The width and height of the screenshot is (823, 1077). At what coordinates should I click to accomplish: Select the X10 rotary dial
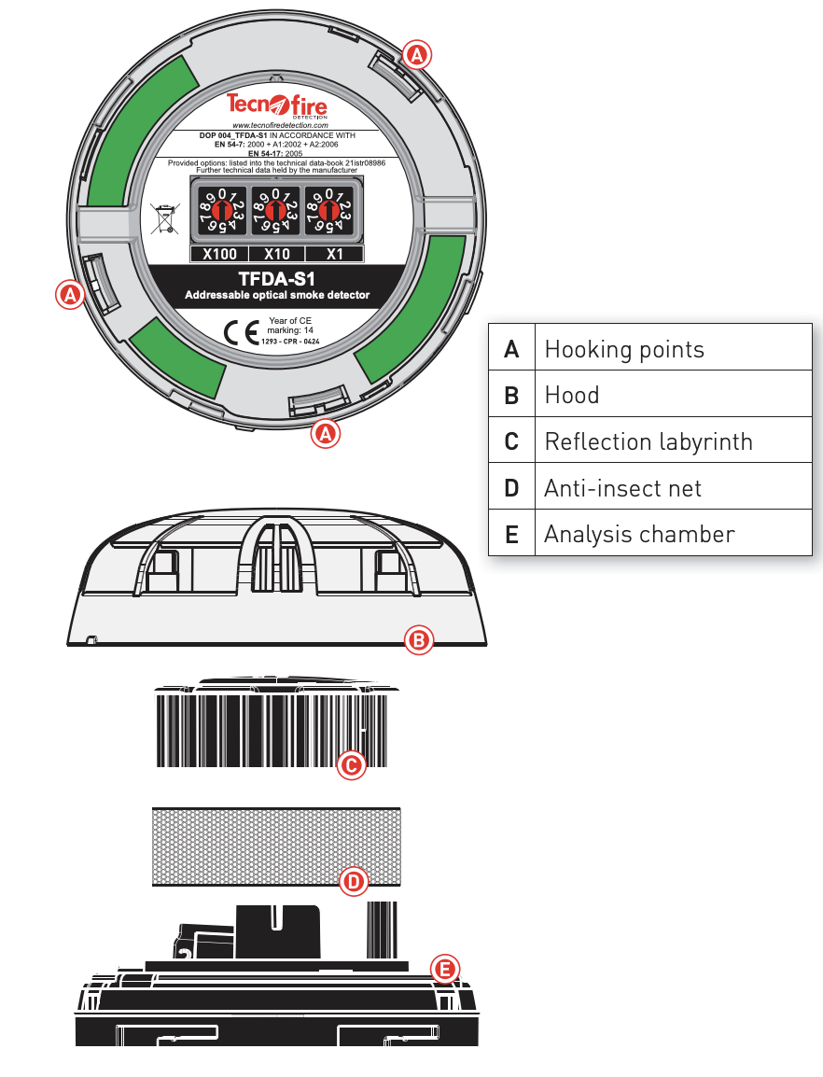tap(277, 211)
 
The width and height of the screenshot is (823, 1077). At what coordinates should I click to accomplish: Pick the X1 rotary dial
tap(333, 211)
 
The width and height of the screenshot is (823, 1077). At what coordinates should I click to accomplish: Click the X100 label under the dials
tap(219, 254)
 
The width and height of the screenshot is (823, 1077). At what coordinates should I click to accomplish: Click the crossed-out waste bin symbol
tap(165, 218)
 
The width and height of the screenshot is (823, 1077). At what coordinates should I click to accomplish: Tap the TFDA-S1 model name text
tap(277, 278)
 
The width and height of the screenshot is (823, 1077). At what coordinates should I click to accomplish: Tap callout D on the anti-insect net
tap(353, 881)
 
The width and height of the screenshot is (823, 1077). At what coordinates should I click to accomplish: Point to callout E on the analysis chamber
tap(445, 969)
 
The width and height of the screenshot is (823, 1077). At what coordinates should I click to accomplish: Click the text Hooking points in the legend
tap(624, 349)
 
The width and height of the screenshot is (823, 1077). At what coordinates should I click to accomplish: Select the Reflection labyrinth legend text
tap(648, 441)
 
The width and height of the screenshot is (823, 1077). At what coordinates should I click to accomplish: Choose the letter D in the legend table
tap(511, 488)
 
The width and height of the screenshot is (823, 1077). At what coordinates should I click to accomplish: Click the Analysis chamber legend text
tap(639, 534)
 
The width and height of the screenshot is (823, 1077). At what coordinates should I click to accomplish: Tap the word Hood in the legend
tap(572, 396)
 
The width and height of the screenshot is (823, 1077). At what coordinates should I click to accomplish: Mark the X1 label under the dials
tap(334, 254)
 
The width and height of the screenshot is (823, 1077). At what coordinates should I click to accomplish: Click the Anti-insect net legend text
tap(622, 488)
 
